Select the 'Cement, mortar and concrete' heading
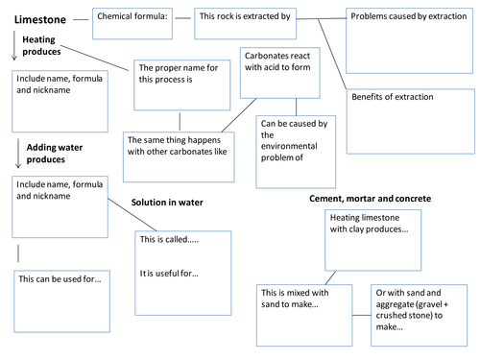(369, 197)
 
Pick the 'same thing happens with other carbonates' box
(179, 154)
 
